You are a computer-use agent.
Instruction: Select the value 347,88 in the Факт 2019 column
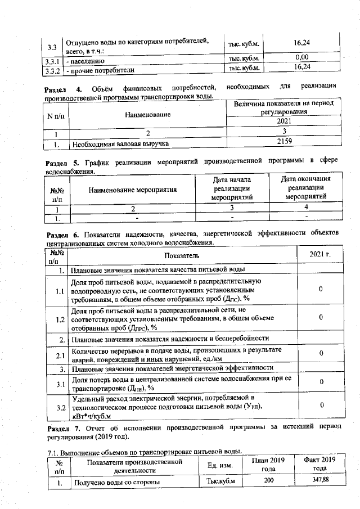coord(319,481)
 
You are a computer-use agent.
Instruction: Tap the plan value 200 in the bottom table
coord(269,481)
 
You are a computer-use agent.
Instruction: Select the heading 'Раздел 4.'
coord(64,88)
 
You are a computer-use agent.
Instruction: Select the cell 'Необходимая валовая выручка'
coord(120,144)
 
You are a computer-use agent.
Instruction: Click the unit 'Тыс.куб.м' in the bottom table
coord(220,481)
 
